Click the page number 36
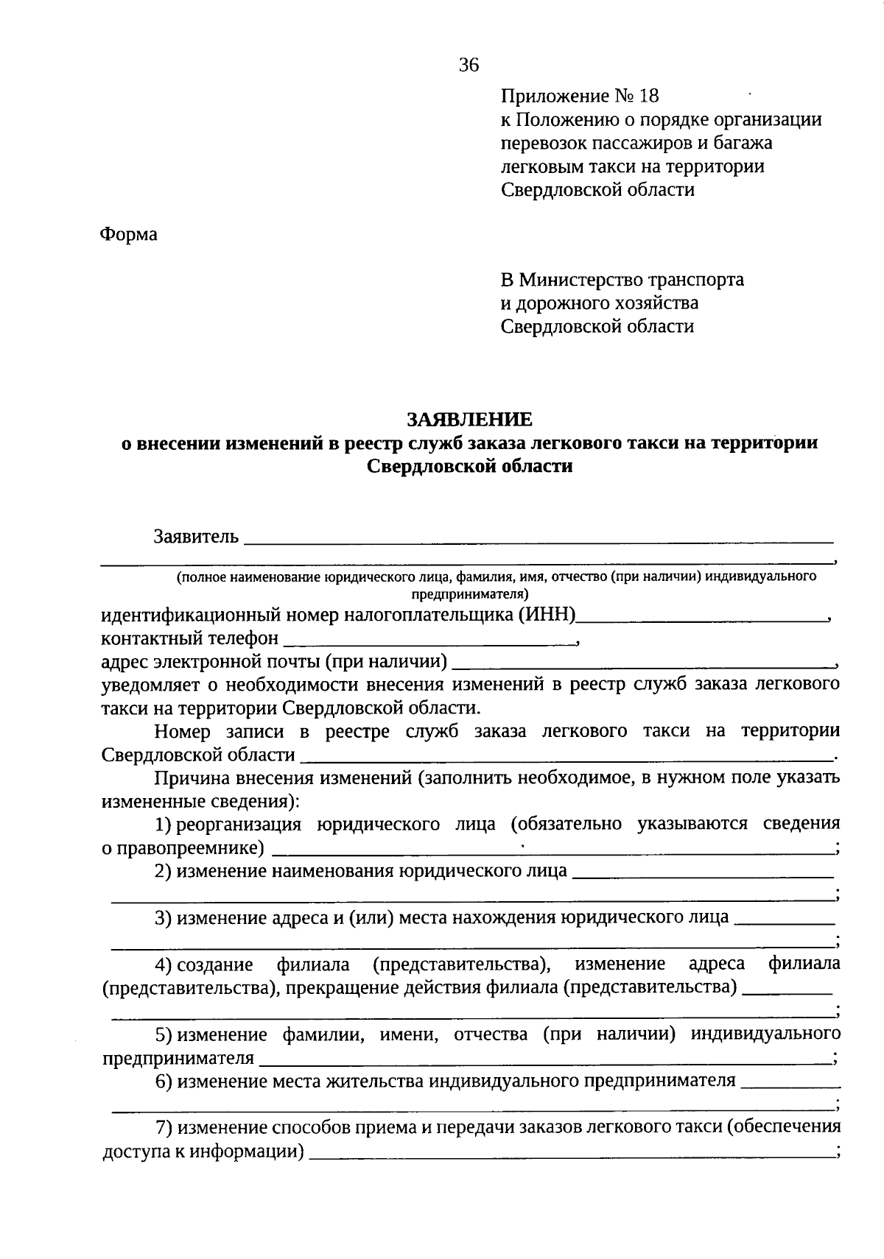469,66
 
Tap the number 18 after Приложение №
650,96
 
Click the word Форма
128,235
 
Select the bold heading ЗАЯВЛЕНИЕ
469,420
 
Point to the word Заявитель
196,536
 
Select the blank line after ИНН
703,619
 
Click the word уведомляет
148,685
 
